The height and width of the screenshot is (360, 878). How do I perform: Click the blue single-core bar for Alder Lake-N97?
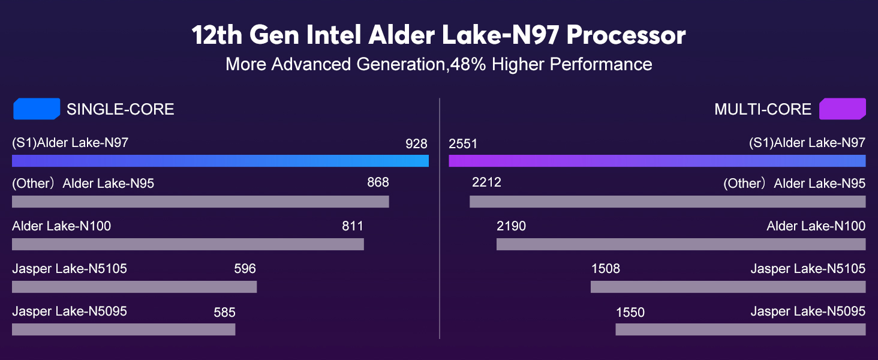click(220, 160)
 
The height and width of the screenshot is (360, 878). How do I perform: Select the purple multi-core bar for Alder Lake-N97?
click(657, 160)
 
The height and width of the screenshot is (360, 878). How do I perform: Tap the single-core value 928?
click(416, 144)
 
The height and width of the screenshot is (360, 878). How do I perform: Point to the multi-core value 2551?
click(463, 144)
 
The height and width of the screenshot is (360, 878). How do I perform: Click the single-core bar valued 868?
click(200, 202)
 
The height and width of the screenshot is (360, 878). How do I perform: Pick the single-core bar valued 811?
click(188, 244)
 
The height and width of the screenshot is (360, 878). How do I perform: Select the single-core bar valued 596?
click(134, 287)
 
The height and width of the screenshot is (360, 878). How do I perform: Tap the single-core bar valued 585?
click(124, 329)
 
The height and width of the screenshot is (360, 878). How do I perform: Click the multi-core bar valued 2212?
click(667, 202)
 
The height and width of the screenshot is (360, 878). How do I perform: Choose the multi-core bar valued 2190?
click(681, 244)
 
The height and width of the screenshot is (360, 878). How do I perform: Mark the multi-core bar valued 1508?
click(728, 287)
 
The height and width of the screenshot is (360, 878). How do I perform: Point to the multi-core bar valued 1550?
click(741, 329)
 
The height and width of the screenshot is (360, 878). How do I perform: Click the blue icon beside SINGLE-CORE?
click(37, 109)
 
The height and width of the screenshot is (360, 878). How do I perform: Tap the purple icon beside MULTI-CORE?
click(842, 109)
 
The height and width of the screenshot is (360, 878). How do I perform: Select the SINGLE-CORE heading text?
click(120, 109)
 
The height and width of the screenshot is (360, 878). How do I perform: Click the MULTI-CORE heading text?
click(762, 109)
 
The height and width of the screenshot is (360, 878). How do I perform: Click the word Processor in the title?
click(626, 35)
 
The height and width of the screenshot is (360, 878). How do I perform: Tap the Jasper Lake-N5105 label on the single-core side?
click(70, 269)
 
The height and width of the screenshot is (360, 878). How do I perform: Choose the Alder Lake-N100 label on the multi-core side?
click(816, 226)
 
